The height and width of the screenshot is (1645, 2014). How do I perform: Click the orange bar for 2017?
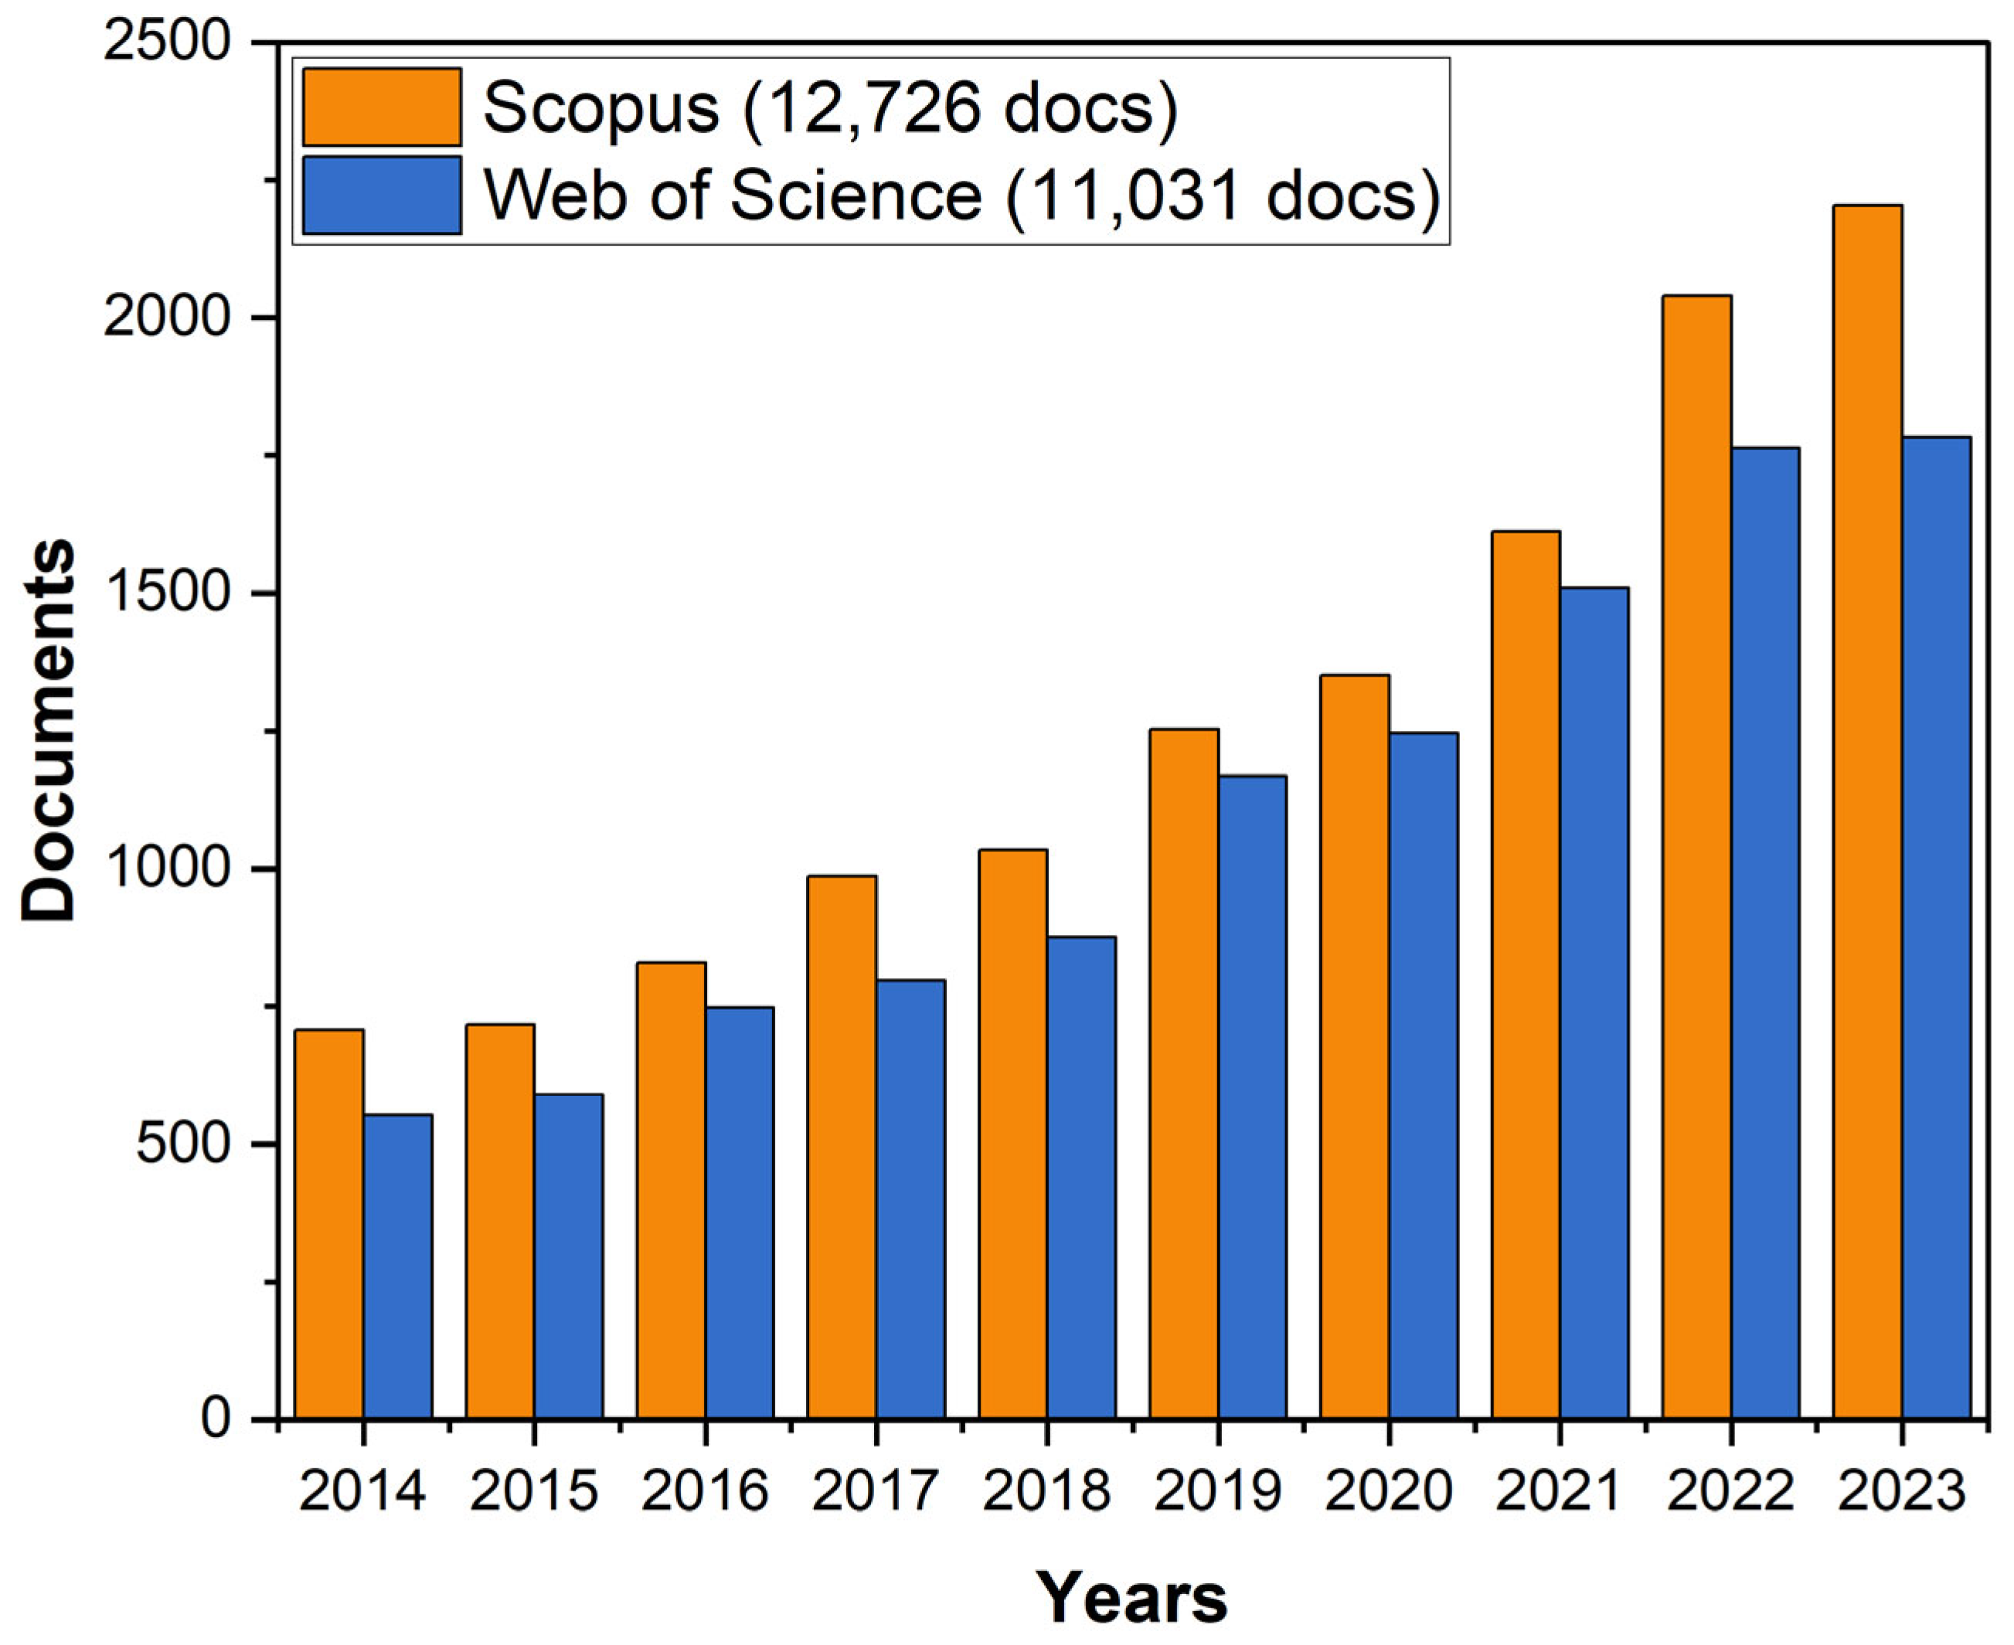tap(842, 1147)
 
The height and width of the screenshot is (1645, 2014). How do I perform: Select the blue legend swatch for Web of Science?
tap(382, 195)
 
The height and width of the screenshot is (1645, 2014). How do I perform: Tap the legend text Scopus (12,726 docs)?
tap(830, 108)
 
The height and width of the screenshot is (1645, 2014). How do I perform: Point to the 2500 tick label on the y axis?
tap(168, 42)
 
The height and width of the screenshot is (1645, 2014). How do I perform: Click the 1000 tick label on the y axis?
tap(168, 869)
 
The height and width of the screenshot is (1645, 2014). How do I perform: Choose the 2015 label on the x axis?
tap(533, 1491)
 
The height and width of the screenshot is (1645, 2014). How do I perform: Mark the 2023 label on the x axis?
tap(1900, 1491)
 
